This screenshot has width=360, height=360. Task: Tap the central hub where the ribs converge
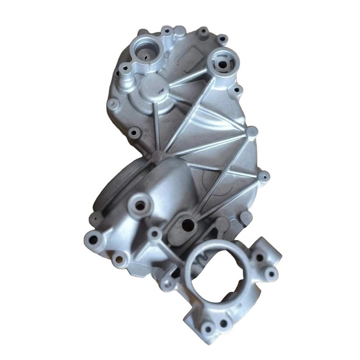pyautogui.click(x=159, y=156)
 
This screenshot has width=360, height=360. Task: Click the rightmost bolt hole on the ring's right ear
pyautogui.click(x=272, y=274)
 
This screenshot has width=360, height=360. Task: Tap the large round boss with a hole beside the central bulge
pyautogui.click(x=140, y=205)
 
